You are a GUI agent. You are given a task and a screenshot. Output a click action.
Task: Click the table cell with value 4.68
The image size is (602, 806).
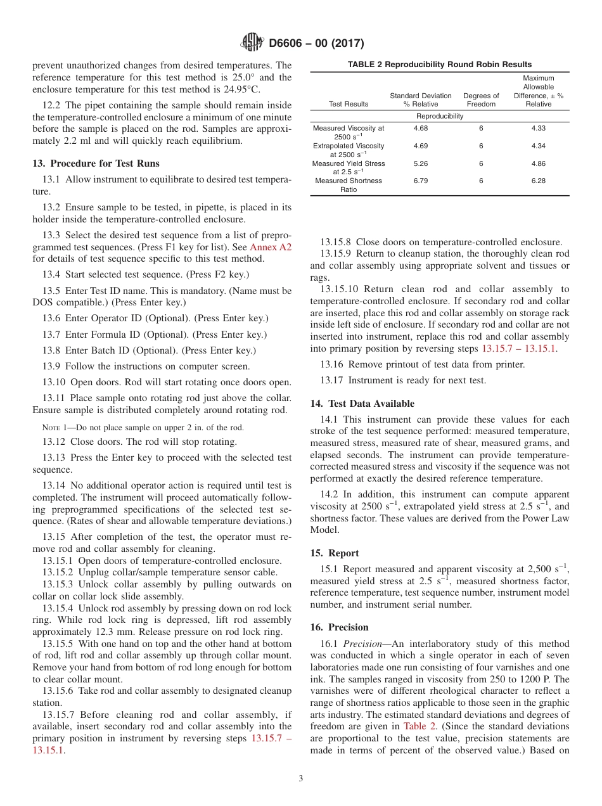point(420,128)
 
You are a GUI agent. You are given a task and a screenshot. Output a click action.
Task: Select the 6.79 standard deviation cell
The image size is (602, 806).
point(420,181)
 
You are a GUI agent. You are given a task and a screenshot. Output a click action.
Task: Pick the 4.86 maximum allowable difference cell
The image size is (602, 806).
point(538,163)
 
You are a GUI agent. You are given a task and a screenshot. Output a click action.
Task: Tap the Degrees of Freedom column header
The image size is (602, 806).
point(481,100)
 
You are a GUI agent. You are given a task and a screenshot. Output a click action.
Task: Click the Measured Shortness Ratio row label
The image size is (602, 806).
point(348,185)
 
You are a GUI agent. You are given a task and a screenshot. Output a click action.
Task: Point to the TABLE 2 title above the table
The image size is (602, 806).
point(439,65)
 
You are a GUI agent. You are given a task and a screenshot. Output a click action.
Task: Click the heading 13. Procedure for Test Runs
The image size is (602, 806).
point(96,163)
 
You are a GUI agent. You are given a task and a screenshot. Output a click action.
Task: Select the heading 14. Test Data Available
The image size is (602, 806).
point(362,404)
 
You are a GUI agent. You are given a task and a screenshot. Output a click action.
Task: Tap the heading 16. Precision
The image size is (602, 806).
point(339,627)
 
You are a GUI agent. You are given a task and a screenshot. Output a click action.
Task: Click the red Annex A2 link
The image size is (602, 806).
point(271,247)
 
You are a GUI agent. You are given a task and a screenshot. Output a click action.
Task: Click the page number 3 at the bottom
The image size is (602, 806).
point(301,779)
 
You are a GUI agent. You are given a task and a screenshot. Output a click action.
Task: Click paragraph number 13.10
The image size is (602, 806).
point(54,382)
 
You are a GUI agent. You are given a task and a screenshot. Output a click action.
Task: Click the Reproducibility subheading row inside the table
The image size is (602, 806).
point(439,116)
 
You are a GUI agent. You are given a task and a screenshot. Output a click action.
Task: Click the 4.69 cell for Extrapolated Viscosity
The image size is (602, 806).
point(420,146)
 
